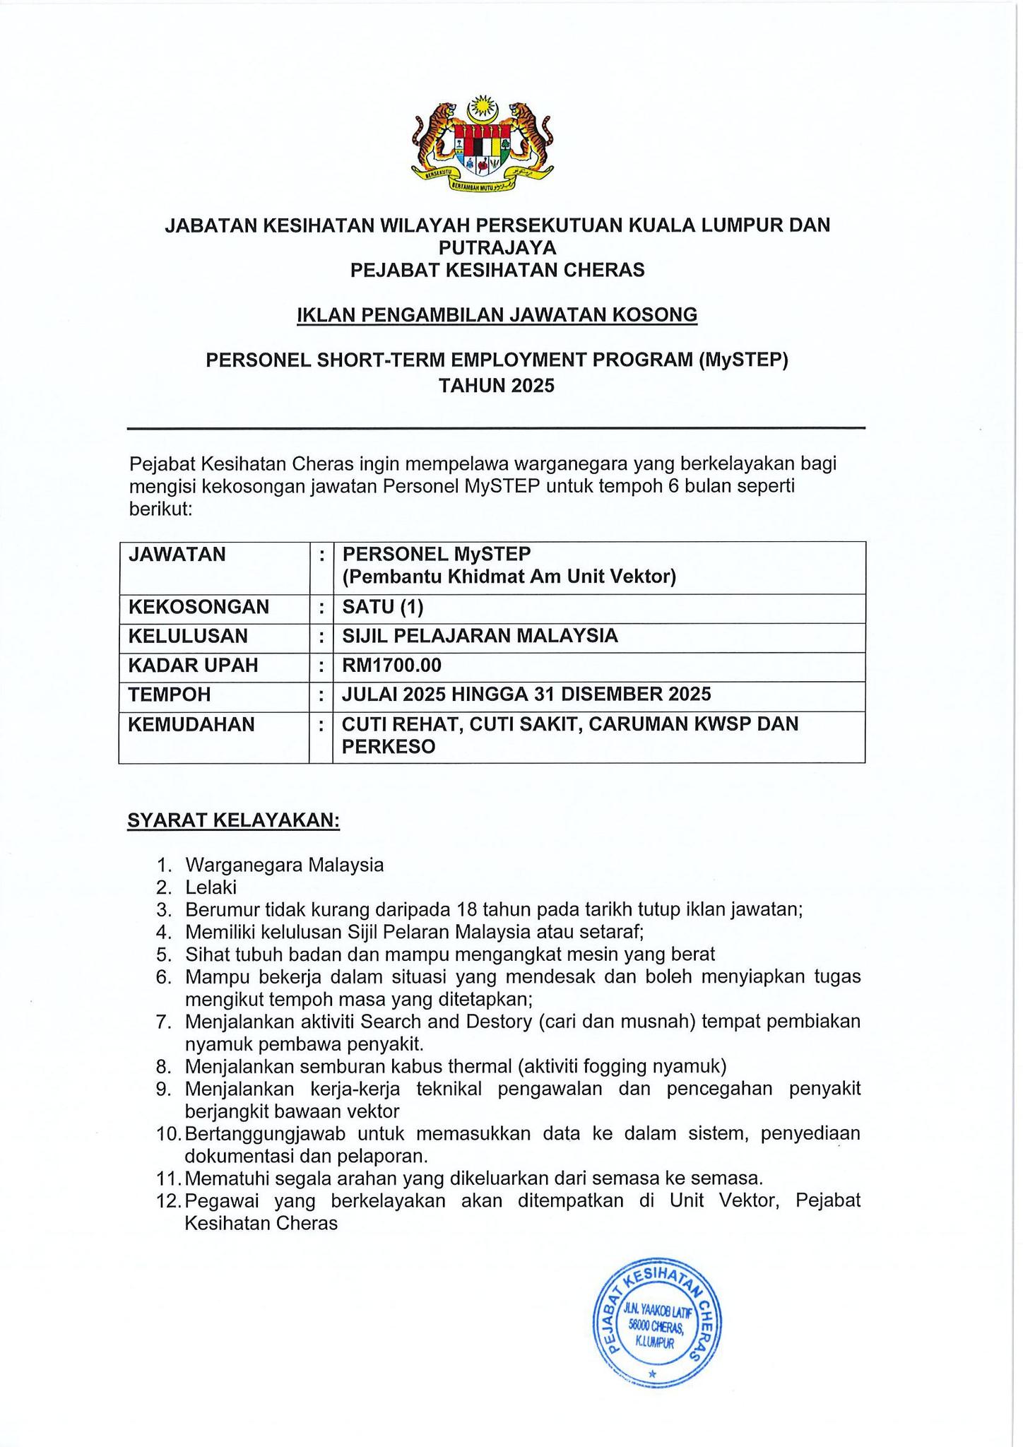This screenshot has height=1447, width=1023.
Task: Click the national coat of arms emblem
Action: (x=482, y=143)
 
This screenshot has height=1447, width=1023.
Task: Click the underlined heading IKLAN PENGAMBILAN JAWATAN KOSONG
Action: (x=497, y=314)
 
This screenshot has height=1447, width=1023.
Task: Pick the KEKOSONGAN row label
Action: (x=199, y=607)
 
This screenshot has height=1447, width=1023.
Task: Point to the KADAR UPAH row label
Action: (x=193, y=666)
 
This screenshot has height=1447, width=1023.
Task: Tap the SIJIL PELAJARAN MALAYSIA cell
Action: (x=480, y=636)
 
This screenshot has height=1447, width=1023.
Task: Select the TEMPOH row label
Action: (x=170, y=695)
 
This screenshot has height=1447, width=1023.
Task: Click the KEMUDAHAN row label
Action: (x=191, y=724)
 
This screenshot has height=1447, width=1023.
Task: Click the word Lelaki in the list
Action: (x=211, y=887)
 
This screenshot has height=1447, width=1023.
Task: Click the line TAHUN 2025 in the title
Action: (x=497, y=386)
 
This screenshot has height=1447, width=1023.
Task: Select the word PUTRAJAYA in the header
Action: (x=497, y=247)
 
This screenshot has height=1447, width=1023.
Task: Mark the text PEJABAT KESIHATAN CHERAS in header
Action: (x=497, y=270)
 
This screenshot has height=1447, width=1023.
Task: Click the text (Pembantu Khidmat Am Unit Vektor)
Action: (x=509, y=577)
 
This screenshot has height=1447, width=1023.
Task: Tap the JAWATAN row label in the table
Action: (x=177, y=554)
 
